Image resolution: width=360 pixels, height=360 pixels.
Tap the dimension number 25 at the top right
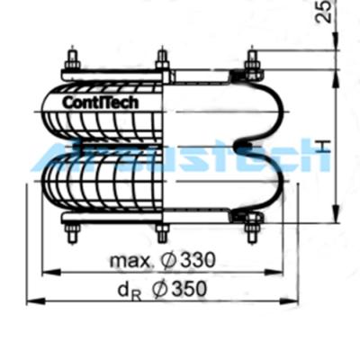pyautogui.click(x=325, y=12)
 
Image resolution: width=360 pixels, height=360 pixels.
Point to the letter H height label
pyautogui.click(x=326, y=146)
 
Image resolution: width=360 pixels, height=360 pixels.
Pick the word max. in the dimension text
pyautogui.click(x=130, y=261)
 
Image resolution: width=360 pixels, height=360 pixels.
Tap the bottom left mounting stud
pyautogui.click(x=73, y=232)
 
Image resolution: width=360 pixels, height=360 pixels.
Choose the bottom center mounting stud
pyautogui.click(x=162, y=232)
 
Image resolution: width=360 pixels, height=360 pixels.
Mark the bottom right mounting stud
pyautogui.click(x=251, y=231)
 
